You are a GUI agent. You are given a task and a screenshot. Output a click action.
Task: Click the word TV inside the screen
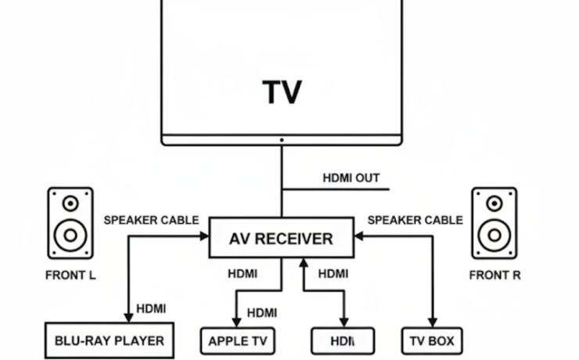(282, 92)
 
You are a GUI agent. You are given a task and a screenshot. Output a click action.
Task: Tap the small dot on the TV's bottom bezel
(282, 141)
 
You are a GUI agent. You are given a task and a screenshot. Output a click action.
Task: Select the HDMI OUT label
(351, 178)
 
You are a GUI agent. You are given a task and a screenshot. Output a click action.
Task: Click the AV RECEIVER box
(281, 239)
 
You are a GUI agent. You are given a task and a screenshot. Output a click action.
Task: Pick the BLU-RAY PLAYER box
(109, 340)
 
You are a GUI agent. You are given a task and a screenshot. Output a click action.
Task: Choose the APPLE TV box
(238, 341)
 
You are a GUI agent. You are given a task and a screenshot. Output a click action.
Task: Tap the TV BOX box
(431, 341)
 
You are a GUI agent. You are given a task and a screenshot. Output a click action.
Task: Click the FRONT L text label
(70, 275)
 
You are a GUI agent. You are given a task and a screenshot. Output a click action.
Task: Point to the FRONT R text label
(494, 275)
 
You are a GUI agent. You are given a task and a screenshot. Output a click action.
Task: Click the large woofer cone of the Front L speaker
(70, 233)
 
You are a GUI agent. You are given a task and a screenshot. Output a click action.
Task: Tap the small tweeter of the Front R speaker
(494, 204)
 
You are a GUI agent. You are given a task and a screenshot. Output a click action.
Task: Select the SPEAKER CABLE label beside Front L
(151, 220)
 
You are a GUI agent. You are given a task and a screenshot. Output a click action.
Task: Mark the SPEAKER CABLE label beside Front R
(415, 220)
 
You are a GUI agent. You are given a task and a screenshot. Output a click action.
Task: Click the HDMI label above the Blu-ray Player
(151, 308)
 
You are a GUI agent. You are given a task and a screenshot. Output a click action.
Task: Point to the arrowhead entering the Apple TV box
(238, 322)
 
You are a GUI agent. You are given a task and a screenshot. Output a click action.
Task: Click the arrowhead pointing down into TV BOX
(431, 322)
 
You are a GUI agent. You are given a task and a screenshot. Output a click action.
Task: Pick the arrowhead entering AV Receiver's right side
(358, 235)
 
